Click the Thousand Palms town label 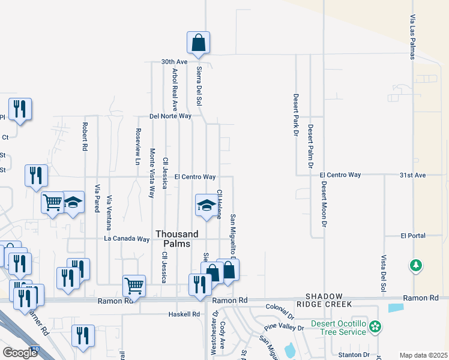pyautogui.click(x=173, y=239)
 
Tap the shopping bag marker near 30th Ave pyautogui.click(x=198, y=44)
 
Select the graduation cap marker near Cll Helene pyautogui.click(x=206, y=206)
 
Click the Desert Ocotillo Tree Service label pyautogui.click(x=339, y=328)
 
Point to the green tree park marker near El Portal pyautogui.click(x=415, y=265)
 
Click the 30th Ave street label pyautogui.click(x=175, y=62)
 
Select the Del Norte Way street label pyautogui.click(x=170, y=116)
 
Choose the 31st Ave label pyautogui.click(x=412, y=175)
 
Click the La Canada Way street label pyautogui.click(x=126, y=239)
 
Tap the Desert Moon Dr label pyautogui.click(x=323, y=204)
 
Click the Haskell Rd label pyautogui.click(x=184, y=314)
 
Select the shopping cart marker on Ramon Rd pyautogui.click(x=134, y=286)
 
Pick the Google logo pyautogui.click(x=20, y=353)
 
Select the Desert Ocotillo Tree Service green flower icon pyautogui.click(x=375, y=327)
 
